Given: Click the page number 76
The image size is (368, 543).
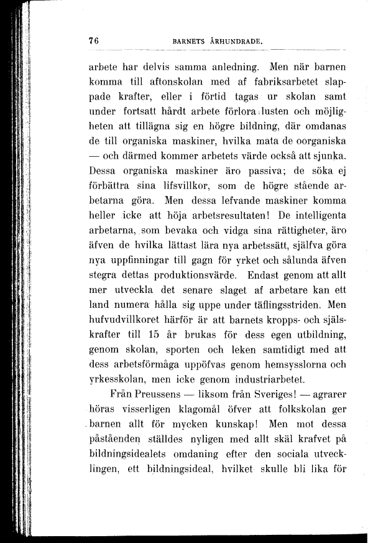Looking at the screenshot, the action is click(x=94, y=40).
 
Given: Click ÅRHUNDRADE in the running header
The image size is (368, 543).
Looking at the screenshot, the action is click(x=235, y=41).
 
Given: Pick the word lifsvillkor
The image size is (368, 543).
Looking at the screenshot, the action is click(x=169, y=186).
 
